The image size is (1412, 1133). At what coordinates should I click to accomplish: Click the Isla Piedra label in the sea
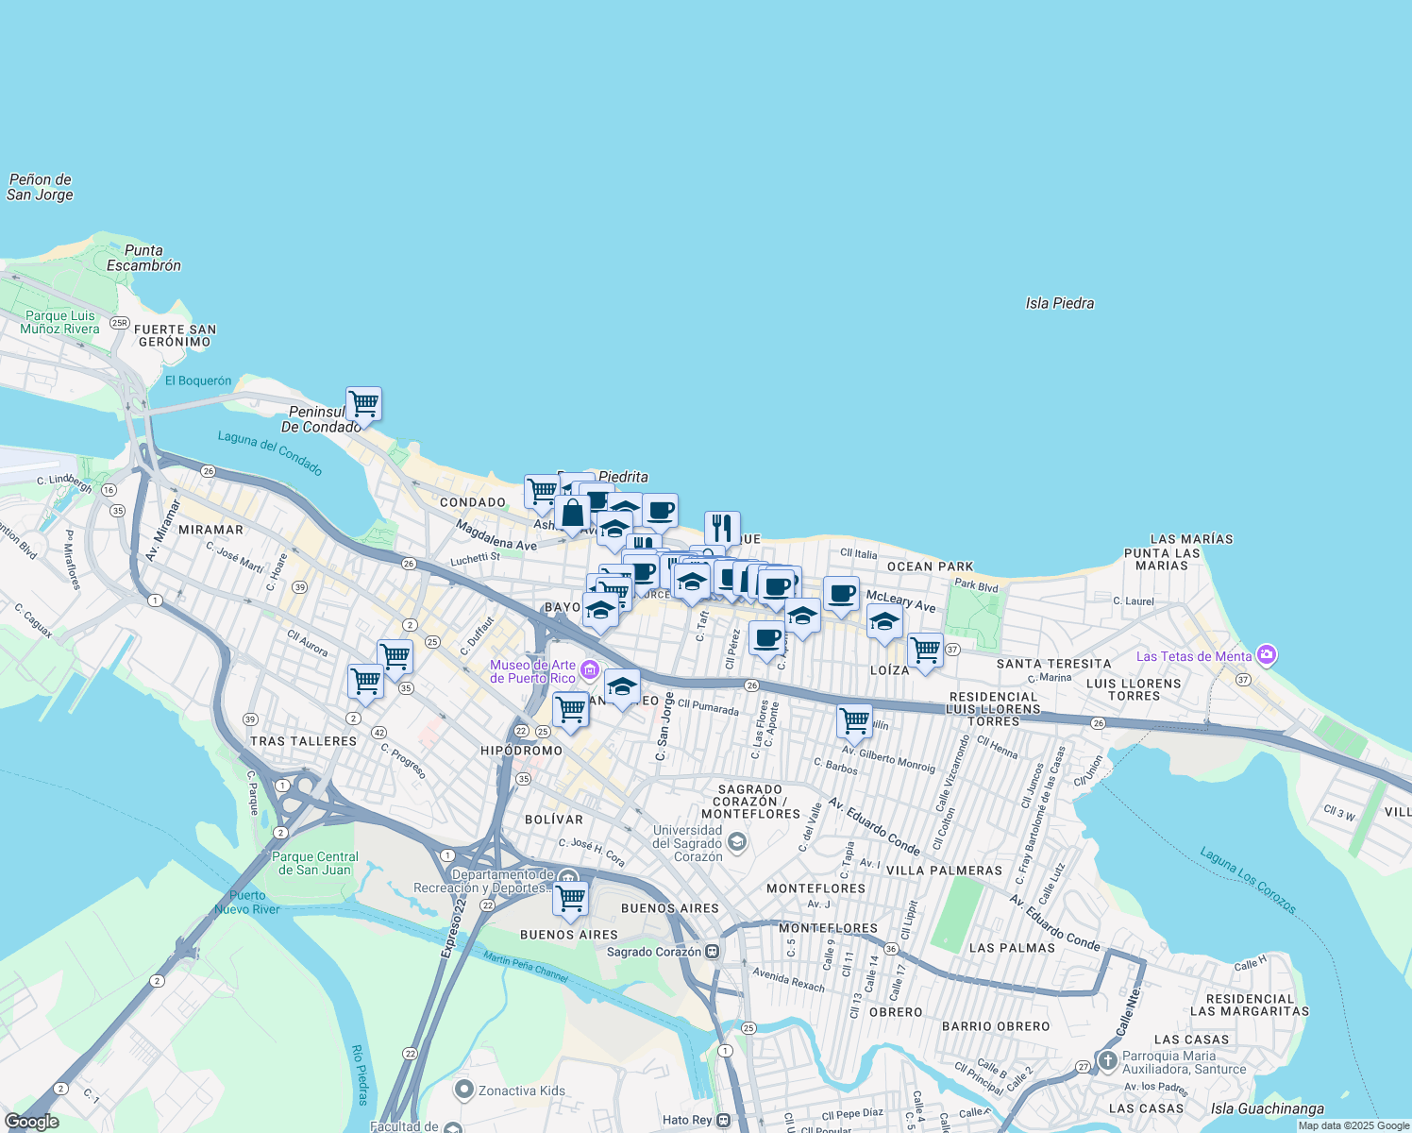point(1060,303)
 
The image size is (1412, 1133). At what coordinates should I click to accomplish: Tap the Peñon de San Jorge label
point(40,187)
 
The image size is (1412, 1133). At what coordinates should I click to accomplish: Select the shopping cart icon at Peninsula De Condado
point(363,404)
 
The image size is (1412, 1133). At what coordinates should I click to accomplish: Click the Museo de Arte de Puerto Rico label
point(533,671)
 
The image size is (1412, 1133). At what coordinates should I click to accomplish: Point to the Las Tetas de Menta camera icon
point(1267,655)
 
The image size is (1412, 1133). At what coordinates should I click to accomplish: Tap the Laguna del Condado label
point(270,452)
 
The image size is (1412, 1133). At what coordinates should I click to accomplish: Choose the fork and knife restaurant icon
point(722,528)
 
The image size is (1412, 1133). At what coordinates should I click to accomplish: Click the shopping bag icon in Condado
point(572,514)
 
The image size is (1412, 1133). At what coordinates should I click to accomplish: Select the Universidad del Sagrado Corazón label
point(687,843)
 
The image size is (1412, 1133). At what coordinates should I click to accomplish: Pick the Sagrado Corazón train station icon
point(713,952)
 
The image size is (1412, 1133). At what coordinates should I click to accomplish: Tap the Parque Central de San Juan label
point(315,863)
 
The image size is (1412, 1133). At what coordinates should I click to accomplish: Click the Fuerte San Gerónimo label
point(176,335)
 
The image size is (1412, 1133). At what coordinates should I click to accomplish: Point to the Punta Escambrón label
point(143,258)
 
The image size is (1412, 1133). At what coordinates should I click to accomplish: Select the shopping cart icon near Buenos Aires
point(571,899)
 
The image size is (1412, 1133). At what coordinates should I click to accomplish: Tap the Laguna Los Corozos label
point(1248,880)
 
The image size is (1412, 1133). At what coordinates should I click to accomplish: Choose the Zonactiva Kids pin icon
point(463,1091)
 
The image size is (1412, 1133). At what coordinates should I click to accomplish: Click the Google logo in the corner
point(31,1122)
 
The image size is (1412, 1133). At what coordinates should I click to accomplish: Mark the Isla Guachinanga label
point(1268,1108)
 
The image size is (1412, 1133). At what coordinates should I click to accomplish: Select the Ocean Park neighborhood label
point(930,566)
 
